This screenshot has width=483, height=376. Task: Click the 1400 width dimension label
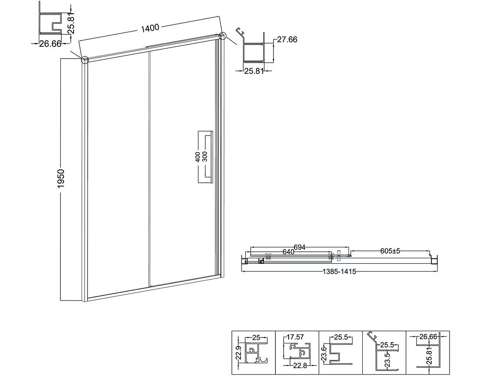[150, 28]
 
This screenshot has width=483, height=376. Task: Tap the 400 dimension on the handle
[198, 157]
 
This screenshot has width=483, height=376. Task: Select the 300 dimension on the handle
[205, 157]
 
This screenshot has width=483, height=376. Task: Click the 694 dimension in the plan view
[299, 247]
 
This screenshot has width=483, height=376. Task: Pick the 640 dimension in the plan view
[288, 252]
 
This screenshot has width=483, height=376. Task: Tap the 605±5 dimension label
[390, 251]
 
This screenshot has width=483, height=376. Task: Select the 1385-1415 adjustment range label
[339, 272]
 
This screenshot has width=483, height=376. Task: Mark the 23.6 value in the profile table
[323, 352]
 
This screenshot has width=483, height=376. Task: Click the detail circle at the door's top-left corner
[85, 59]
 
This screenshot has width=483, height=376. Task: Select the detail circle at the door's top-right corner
[223, 36]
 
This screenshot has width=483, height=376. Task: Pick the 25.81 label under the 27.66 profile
[254, 71]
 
